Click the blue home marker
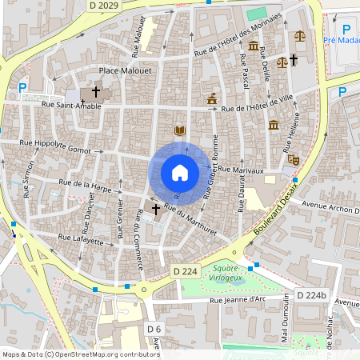click(x=179, y=172)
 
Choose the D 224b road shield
click(x=312, y=295)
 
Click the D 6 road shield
click(x=154, y=329)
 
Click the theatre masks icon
click(x=294, y=160)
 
